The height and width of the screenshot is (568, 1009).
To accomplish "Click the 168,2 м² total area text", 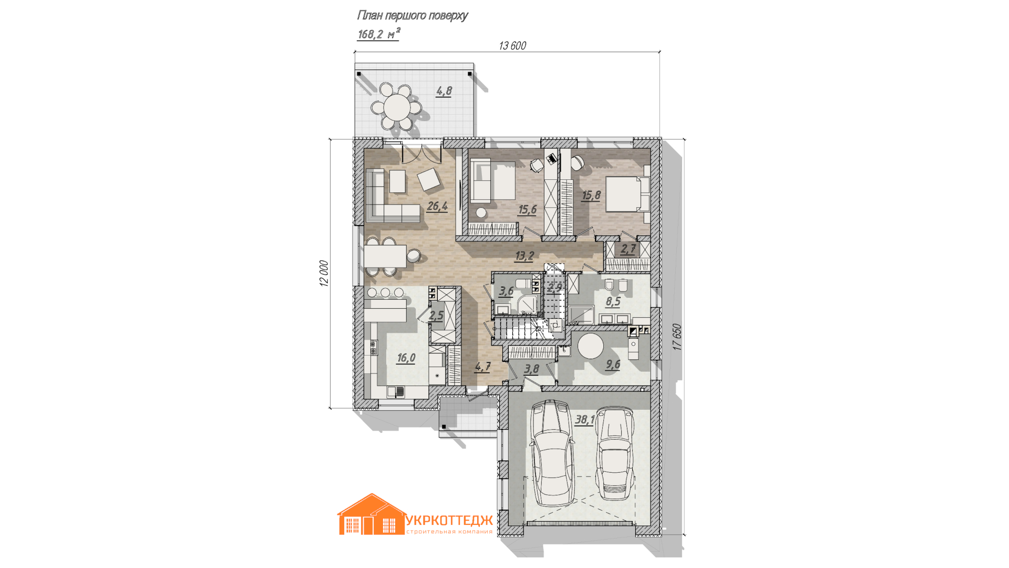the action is (378, 34).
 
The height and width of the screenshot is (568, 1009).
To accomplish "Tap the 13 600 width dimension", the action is (512, 46).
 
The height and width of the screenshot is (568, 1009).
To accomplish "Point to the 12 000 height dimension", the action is (324, 273).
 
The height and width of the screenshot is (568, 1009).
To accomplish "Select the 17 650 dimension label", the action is (677, 337).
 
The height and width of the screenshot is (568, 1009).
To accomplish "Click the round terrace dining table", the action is (397, 107).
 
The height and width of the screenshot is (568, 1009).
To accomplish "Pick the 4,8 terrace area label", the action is (444, 91).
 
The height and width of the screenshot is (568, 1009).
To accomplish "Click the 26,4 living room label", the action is (437, 206).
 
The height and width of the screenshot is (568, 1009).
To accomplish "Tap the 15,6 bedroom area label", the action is (527, 210).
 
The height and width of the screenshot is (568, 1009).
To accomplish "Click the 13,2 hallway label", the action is (524, 256).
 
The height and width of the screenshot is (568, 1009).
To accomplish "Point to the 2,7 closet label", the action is (628, 249).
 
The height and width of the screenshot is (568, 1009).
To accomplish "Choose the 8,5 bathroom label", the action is (613, 301).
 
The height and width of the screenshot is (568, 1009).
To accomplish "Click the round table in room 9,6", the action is (591, 346).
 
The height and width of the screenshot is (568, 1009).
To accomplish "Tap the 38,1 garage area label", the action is (584, 420).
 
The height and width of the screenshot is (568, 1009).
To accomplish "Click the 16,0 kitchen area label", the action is (406, 358).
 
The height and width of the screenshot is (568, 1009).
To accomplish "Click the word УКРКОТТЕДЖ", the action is (449, 520).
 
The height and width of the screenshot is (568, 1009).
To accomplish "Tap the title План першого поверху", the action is (412, 15).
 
